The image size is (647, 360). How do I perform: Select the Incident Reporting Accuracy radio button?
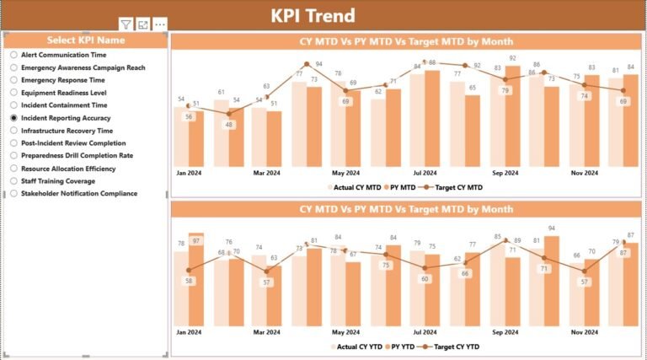pyautogui.click(x=14, y=118)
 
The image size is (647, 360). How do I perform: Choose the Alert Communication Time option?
pyautogui.click(x=14, y=54)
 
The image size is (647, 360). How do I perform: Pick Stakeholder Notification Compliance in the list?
pyautogui.click(x=14, y=193)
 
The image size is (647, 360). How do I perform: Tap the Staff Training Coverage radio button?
pyautogui.click(x=14, y=180)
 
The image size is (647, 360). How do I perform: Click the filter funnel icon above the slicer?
pyautogui.click(x=126, y=25)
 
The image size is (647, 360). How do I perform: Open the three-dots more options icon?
pyautogui.click(x=160, y=25)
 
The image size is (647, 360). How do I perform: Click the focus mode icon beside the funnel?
pyautogui.click(x=143, y=25)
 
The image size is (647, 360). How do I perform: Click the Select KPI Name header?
pyautogui.click(x=86, y=40)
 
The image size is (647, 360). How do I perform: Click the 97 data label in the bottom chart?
pyautogui.click(x=196, y=241)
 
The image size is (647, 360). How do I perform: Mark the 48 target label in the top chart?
pyautogui.click(x=227, y=125)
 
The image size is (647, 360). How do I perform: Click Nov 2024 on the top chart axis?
pyautogui.click(x=584, y=173)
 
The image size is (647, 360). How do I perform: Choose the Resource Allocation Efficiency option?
pyautogui.click(x=14, y=168)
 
